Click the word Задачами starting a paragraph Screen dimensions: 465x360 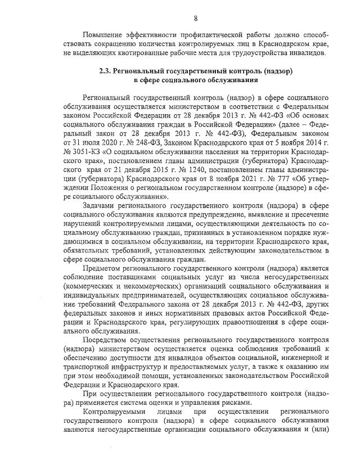pyautogui.click(x=99, y=207)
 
